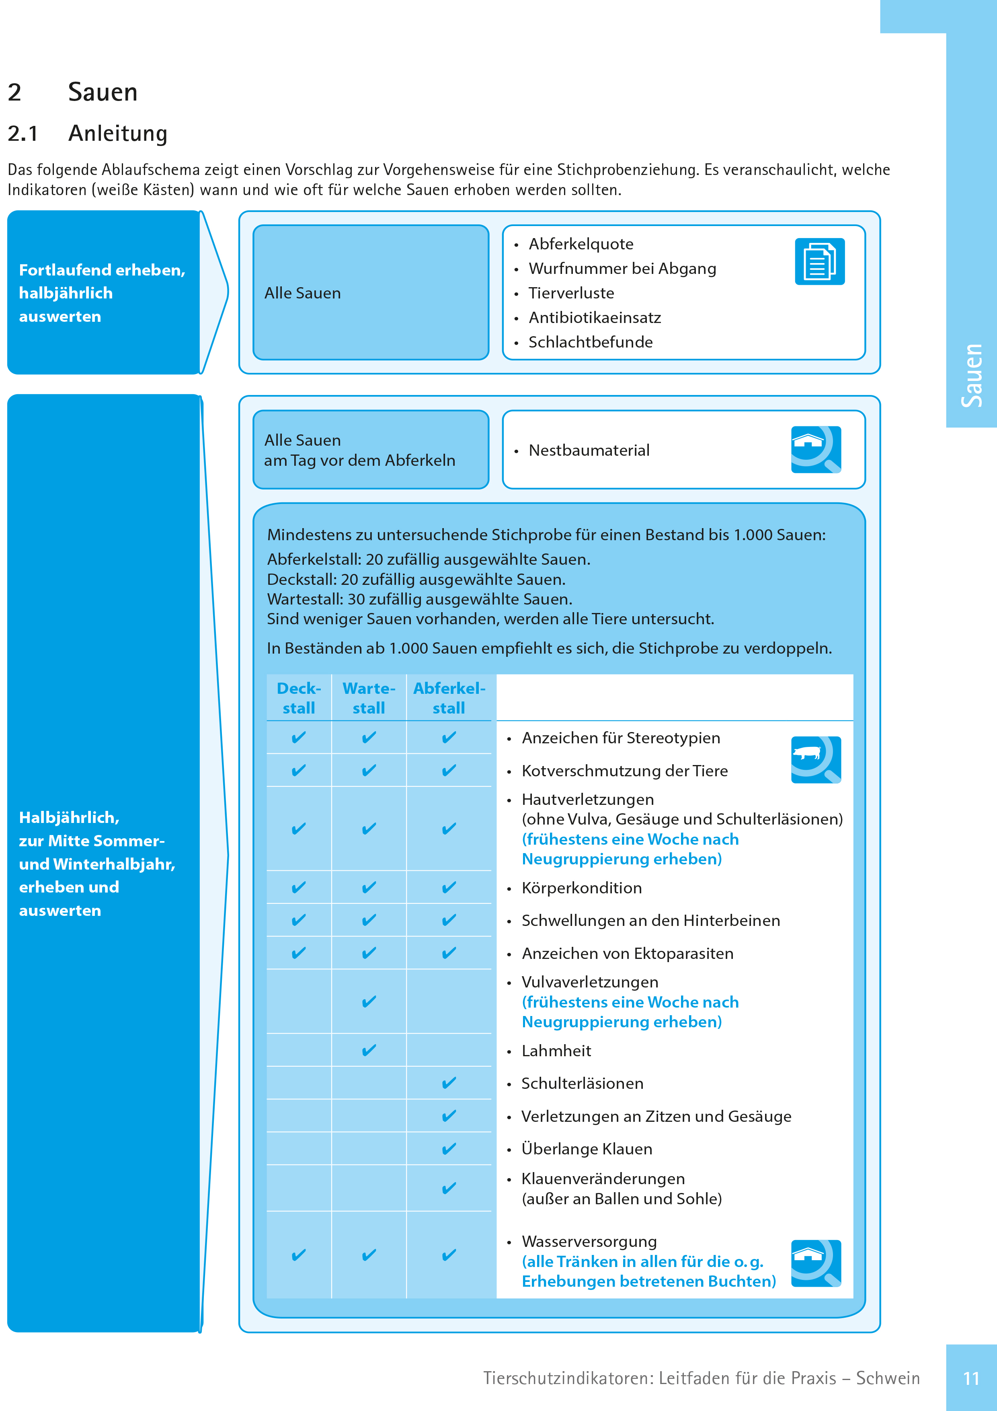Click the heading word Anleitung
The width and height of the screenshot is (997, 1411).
[117, 134]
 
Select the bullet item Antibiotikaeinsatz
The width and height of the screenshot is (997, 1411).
[594, 318]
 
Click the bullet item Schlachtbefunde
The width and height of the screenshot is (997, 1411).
[590, 342]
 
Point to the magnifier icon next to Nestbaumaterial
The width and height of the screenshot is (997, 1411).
[816, 450]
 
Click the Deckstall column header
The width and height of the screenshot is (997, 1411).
[299, 698]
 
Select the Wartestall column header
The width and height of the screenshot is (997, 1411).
[369, 698]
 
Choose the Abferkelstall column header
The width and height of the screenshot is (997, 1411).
[449, 698]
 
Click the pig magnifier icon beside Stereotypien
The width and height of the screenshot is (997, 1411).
[816, 759]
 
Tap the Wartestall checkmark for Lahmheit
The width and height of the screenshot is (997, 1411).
[369, 1050]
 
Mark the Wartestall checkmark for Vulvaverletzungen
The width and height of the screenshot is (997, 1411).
[369, 1002]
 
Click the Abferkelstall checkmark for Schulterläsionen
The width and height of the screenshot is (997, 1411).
[449, 1083]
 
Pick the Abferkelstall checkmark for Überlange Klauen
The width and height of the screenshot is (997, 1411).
[449, 1149]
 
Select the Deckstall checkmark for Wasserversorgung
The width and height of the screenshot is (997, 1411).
[299, 1255]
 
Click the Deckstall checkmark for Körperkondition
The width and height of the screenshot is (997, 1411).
[299, 887]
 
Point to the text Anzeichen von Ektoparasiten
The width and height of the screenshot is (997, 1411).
[627, 954]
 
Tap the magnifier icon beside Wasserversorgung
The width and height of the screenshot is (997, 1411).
[816, 1263]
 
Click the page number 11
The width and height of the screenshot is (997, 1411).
[971, 1378]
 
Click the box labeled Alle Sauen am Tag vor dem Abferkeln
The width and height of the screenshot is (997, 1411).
[370, 450]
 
